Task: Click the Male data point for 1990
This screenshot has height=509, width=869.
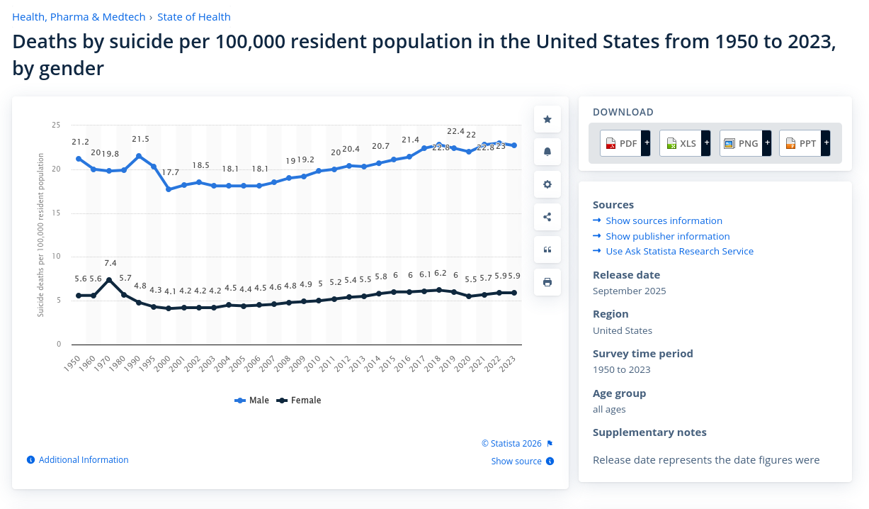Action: [x=139, y=156]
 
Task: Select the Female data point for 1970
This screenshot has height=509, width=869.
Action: [x=109, y=280]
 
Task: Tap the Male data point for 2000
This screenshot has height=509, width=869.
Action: [x=169, y=189]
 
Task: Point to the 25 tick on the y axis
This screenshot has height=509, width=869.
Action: [x=56, y=125]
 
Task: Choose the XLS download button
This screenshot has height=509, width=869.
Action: [x=684, y=143]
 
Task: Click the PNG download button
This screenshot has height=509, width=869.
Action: [x=744, y=143]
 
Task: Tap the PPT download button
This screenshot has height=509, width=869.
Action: [x=804, y=143]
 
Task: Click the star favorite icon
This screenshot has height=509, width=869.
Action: [x=547, y=119]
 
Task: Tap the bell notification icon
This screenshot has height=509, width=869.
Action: [x=547, y=152]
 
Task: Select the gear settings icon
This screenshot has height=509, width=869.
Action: [x=547, y=184]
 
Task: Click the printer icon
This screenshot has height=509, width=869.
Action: [x=547, y=282]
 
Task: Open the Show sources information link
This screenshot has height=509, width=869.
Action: [x=664, y=220]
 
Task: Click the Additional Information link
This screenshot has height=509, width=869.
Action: [x=84, y=460]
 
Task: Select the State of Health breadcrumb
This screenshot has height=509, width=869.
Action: [x=194, y=17]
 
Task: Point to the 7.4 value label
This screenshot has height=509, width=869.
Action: [x=109, y=263]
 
